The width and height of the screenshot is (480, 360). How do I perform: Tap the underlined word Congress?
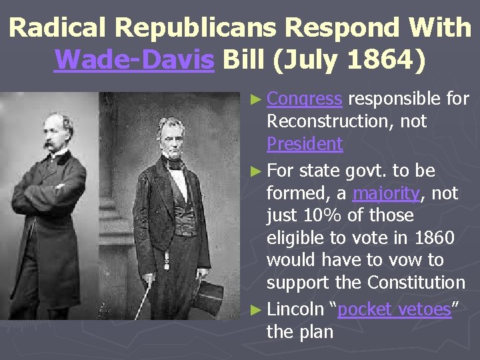point(305,99)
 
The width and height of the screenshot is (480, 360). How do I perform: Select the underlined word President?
point(305,143)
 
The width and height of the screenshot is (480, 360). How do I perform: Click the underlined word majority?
point(387,193)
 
